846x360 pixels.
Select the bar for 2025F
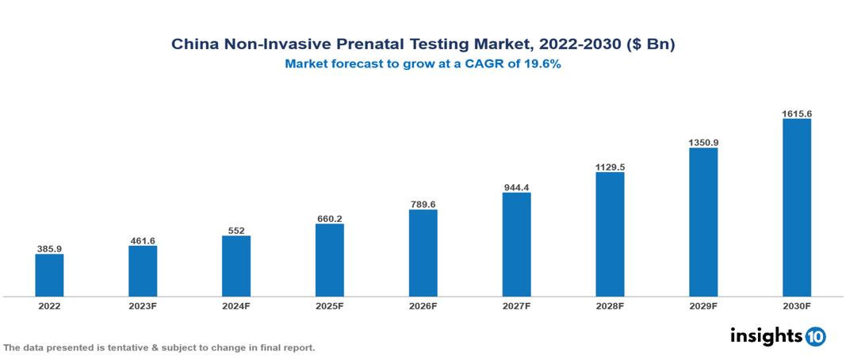pyautogui.click(x=330, y=260)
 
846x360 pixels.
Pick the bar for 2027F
pyautogui.click(x=516, y=244)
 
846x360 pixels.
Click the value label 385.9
pyautogui.click(x=49, y=249)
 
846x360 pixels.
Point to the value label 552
pyautogui.click(x=236, y=231)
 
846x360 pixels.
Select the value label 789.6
pyautogui.click(x=423, y=205)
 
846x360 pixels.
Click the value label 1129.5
pyautogui.click(x=610, y=167)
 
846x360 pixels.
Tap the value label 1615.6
pyautogui.click(x=797, y=113)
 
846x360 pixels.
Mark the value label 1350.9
pyautogui.click(x=703, y=143)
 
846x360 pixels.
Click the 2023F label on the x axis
pyautogui.click(x=143, y=305)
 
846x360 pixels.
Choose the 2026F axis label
pyautogui.click(x=423, y=305)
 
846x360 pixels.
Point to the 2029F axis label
pyautogui.click(x=703, y=305)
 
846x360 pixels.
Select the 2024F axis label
pyautogui.click(x=236, y=305)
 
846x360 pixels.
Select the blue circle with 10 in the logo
pyautogui.click(x=816, y=337)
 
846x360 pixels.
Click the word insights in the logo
pyautogui.click(x=766, y=336)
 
